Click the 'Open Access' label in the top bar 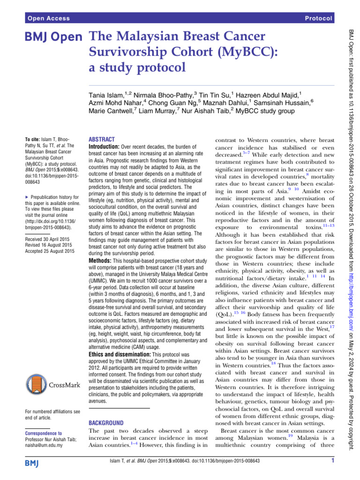pos(49,18)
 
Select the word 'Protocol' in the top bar pos(318,18)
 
